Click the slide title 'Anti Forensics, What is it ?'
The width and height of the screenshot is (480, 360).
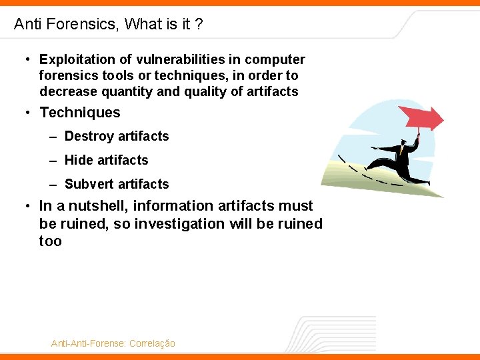point(108,25)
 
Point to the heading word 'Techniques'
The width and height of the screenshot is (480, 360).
point(80,113)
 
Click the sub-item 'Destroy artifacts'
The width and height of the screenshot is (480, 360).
point(117,137)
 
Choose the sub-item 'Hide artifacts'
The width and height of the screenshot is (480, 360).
point(106,161)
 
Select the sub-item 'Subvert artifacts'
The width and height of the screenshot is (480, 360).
point(117,185)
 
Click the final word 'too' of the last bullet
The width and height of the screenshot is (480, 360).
point(51,241)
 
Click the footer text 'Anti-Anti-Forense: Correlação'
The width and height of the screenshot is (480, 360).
point(113,343)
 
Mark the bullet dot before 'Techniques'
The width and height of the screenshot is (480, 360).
point(27,113)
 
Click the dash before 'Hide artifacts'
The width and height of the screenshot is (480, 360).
point(53,161)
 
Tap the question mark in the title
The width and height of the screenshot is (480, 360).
point(198,25)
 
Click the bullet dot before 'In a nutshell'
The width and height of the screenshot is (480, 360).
point(27,207)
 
